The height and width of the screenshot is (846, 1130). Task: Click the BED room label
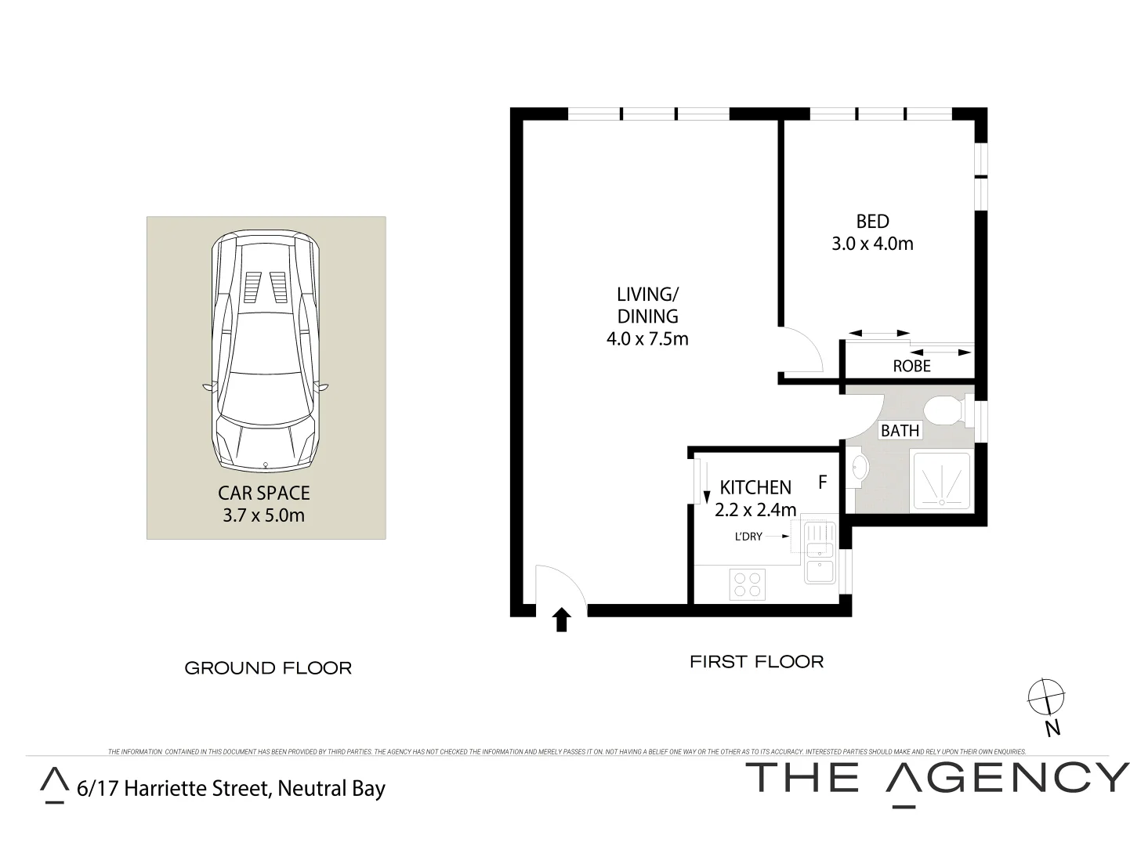[871, 222]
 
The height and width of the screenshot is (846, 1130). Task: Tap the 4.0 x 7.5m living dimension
[646, 339]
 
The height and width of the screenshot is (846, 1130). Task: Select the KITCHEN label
[755, 487]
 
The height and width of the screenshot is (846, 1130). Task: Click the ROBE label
[911, 366]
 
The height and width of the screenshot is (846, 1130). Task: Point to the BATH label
[900, 431]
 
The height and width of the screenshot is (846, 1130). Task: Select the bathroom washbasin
[858, 468]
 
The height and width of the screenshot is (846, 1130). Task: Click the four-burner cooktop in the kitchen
[746, 584]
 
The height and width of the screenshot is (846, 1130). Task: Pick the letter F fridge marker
[822, 483]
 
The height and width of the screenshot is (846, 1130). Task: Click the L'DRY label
[748, 537]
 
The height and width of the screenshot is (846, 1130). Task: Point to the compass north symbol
[1046, 696]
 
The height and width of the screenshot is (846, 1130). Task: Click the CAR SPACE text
[263, 493]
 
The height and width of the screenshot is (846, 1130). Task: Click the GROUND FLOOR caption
[267, 668]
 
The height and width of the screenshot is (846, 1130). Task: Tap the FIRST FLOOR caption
[756, 662]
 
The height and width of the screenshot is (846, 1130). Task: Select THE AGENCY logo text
[936, 778]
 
